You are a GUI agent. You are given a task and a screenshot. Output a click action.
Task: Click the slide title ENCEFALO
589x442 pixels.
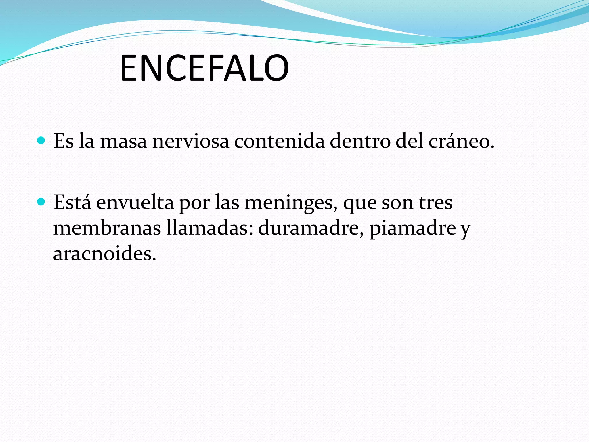[204, 68]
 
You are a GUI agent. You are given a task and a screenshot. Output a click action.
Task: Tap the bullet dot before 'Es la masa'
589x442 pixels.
[41, 141]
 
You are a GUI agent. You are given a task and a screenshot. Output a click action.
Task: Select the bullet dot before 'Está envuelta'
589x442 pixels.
[41, 202]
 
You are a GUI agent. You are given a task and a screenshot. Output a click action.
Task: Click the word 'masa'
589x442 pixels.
[123, 142]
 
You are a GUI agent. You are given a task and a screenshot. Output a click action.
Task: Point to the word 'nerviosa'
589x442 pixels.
[191, 142]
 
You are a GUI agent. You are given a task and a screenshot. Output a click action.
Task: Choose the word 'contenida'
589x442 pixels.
[279, 142]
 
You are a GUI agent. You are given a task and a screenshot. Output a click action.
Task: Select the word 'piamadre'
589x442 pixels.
[413, 229]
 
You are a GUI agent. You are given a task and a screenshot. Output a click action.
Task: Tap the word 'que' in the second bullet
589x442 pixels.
[360, 204]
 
